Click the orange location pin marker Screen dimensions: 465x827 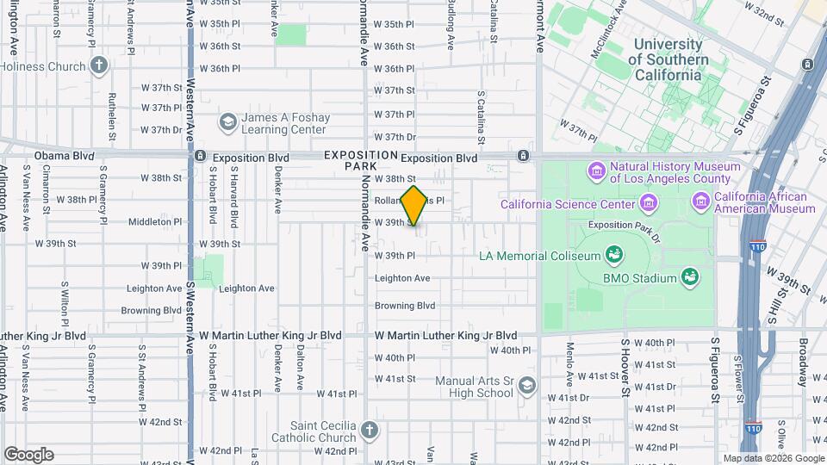(x=414, y=206)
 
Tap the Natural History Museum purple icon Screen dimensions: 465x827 (x=597, y=172)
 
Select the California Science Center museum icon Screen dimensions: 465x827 (x=649, y=204)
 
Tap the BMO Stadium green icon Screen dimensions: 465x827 (x=689, y=277)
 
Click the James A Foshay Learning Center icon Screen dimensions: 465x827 (x=227, y=123)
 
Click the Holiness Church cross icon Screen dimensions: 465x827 (x=100, y=65)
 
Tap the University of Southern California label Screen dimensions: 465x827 (x=668, y=59)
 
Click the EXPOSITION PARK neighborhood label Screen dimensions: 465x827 (x=361, y=160)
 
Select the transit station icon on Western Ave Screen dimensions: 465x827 (x=200, y=156)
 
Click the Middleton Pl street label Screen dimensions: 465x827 (x=151, y=221)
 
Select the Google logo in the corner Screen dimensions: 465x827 (x=28, y=454)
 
